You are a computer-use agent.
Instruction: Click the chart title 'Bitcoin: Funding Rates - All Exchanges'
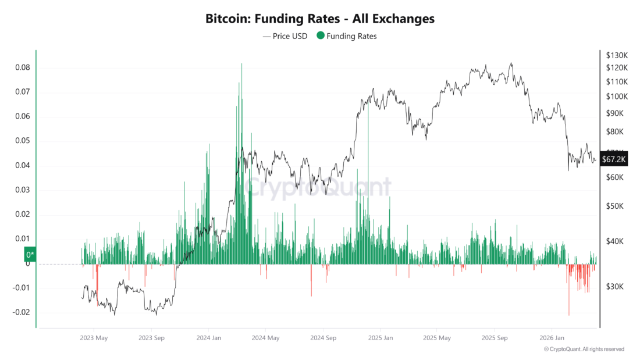click(x=319, y=19)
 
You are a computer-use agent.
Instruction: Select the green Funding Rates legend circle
click(x=320, y=36)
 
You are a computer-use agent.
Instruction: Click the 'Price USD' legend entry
click(x=285, y=36)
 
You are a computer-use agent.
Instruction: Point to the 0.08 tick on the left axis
click(x=22, y=67)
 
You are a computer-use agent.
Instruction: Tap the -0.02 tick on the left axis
click(x=21, y=312)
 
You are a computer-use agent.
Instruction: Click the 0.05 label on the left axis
click(x=22, y=141)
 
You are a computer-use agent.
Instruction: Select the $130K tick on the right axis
click(x=617, y=55)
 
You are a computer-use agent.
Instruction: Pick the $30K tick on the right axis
click(x=615, y=287)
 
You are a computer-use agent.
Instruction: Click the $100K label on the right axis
click(x=617, y=96)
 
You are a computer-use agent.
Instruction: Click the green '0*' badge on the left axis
click(x=29, y=255)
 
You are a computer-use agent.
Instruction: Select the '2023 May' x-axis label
click(x=94, y=337)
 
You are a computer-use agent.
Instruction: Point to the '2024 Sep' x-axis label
click(x=322, y=337)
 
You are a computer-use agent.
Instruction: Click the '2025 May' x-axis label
click(x=437, y=337)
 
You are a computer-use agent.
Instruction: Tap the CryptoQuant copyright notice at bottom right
click(x=584, y=349)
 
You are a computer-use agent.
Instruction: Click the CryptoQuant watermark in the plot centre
click(x=317, y=187)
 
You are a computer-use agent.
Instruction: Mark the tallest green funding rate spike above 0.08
click(x=241, y=65)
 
